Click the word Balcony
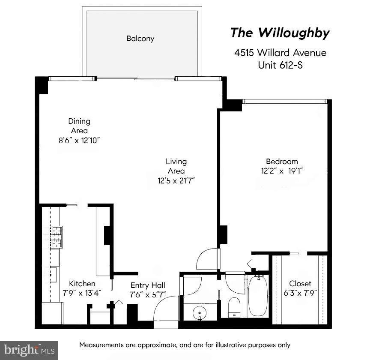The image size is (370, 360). (x=140, y=39)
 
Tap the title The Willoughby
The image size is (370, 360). (x=280, y=33)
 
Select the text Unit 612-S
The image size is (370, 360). (x=280, y=65)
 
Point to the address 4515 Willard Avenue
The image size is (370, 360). (x=280, y=53)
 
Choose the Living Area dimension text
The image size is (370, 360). (x=176, y=180)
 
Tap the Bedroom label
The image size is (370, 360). (x=281, y=162)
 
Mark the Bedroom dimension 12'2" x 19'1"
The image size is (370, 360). (x=281, y=171)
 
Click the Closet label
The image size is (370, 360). (x=300, y=283)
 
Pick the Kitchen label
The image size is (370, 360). (x=82, y=283)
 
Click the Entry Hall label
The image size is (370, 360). (x=148, y=285)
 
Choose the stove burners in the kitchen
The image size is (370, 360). (x=53, y=237)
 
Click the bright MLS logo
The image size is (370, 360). (x=29, y=350)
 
